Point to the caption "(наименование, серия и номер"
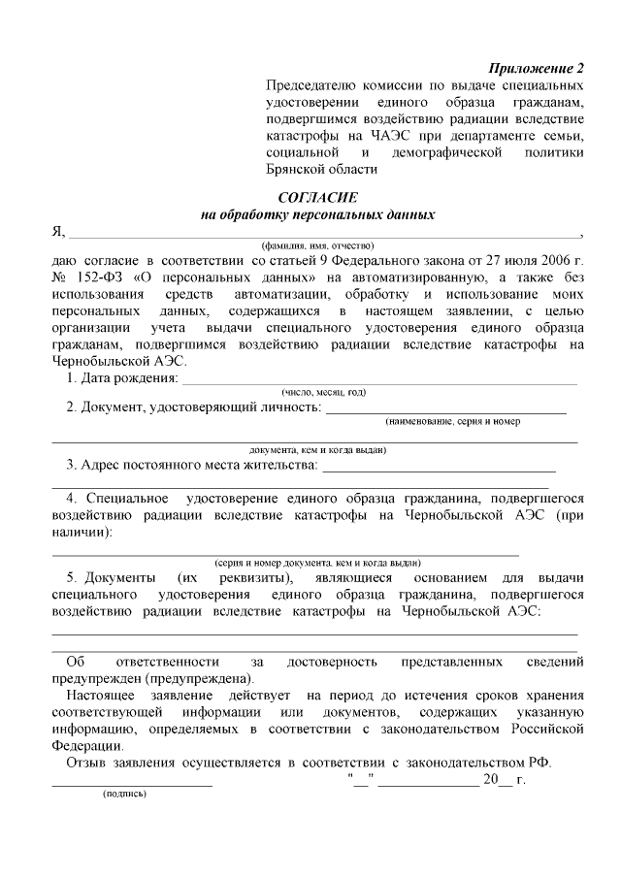tap(452, 422)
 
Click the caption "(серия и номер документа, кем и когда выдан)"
tap(317, 562)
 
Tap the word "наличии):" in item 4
tap(82, 533)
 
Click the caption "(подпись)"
tap(124, 793)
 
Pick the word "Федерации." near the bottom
tap(87, 745)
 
